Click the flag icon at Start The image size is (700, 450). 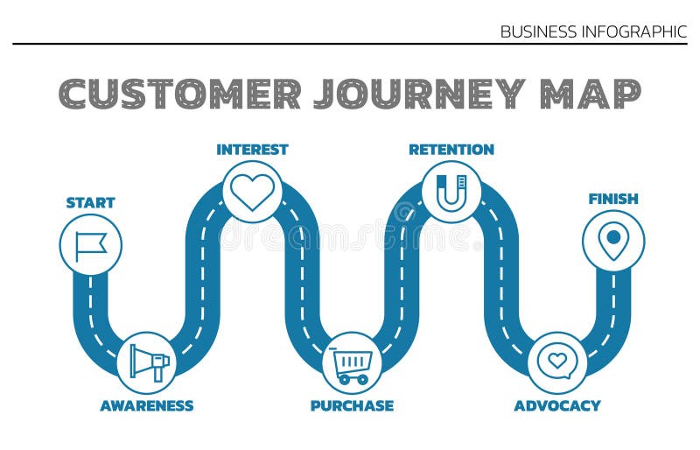pos(90,245)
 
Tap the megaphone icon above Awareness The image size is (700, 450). pos(148,362)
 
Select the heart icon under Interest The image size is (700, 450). pos(252,192)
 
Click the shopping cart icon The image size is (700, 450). pos(352,363)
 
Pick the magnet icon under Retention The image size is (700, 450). pos(451,192)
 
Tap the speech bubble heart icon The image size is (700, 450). pos(556,361)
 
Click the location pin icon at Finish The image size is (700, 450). pos(613,241)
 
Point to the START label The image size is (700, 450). pos(90,202)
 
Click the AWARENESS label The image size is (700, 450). pos(147,405)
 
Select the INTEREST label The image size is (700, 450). pos(252,150)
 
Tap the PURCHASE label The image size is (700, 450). pos(352,405)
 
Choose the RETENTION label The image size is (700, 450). pos(451,150)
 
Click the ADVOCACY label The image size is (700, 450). pos(557,405)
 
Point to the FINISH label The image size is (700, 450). pos(613,199)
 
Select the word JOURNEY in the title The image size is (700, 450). pos(419,94)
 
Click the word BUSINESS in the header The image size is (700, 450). pos(538,32)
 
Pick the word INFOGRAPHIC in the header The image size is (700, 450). pos(633,32)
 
